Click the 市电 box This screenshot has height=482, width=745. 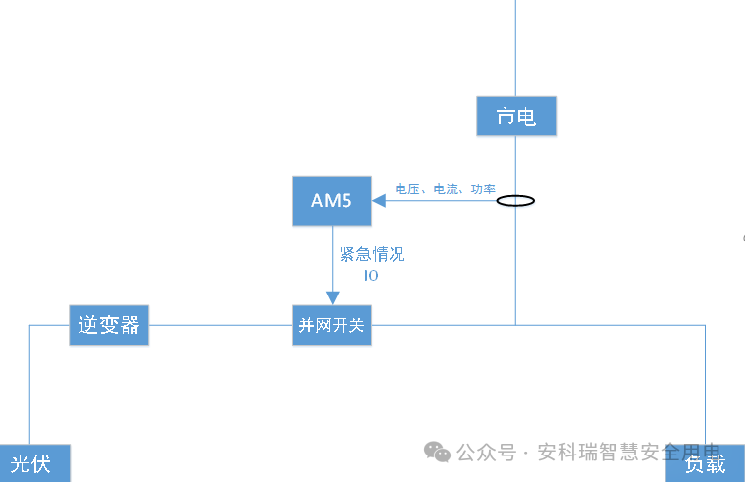click(516, 117)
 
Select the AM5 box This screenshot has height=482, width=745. click(331, 201)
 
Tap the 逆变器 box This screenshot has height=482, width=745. click(108, 325)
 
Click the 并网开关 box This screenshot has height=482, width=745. click(332, 325)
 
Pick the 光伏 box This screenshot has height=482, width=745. click(33, 463)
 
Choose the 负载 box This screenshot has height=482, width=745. click(705, 464)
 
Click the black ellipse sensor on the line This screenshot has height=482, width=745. click(515, 201)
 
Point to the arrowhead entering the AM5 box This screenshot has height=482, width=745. click(376, 201)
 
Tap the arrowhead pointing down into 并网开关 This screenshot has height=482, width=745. click(332, 298)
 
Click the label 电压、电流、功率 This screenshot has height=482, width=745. click(445, 188)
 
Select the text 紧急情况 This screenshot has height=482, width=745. click(371, 255)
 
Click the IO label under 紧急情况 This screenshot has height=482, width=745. click(371, 276)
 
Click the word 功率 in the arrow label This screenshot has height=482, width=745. click(483, 188)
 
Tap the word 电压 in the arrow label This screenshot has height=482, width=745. click(406, 188)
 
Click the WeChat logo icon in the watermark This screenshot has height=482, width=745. click(438, 452)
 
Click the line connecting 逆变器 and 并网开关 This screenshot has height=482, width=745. click(220, 325)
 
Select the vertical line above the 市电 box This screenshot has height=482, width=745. click(515, 49)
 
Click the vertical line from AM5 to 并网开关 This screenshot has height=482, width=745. click(332, 260)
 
